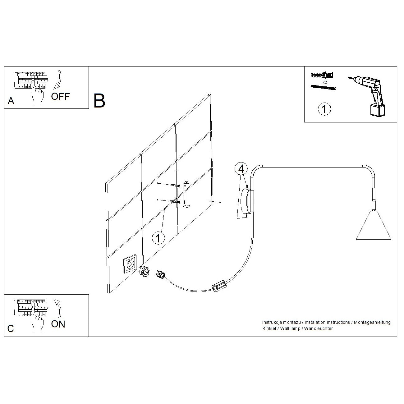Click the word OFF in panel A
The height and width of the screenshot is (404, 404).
pyautogui.click(x=60, y=97)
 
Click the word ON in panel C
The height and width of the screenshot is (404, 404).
pyautogui.click(x=58, y=324)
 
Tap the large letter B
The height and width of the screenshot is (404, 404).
pyautogui.click(x=99, y=101)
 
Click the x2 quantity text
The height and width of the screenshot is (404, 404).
pyautogui.click(x=325, y=82)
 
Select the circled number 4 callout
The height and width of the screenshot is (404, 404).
pyautogui.click(x=241, y=169)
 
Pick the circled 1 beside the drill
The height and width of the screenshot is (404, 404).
pyautogui.click(x=324, y=109)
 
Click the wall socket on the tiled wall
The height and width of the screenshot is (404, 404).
pyautogui.click(x=130, y=264)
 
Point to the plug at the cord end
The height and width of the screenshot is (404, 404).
pyautogui.click(x=160, y=275)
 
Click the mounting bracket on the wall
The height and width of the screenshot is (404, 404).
pyautogui.click(x=186, y=195)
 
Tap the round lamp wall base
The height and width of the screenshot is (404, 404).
pyautogui.click(x=246, y=201)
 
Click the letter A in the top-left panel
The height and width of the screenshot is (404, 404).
pyautogui.click(x=11, y=101)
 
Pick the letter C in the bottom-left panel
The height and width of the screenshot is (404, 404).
pyautogui.click(x=11, y=329)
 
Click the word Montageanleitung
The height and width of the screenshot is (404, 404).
pyautogui.click(x=372, y=322)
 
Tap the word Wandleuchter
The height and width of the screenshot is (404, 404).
pyautogui.click(x=319, y=328)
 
